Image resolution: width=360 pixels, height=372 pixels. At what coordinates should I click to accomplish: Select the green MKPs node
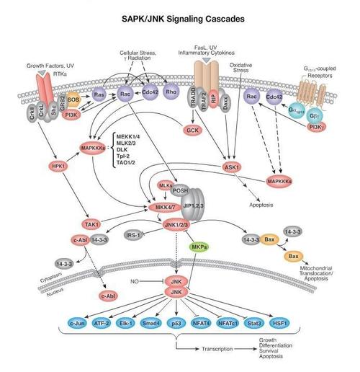[x=199, y=247]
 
